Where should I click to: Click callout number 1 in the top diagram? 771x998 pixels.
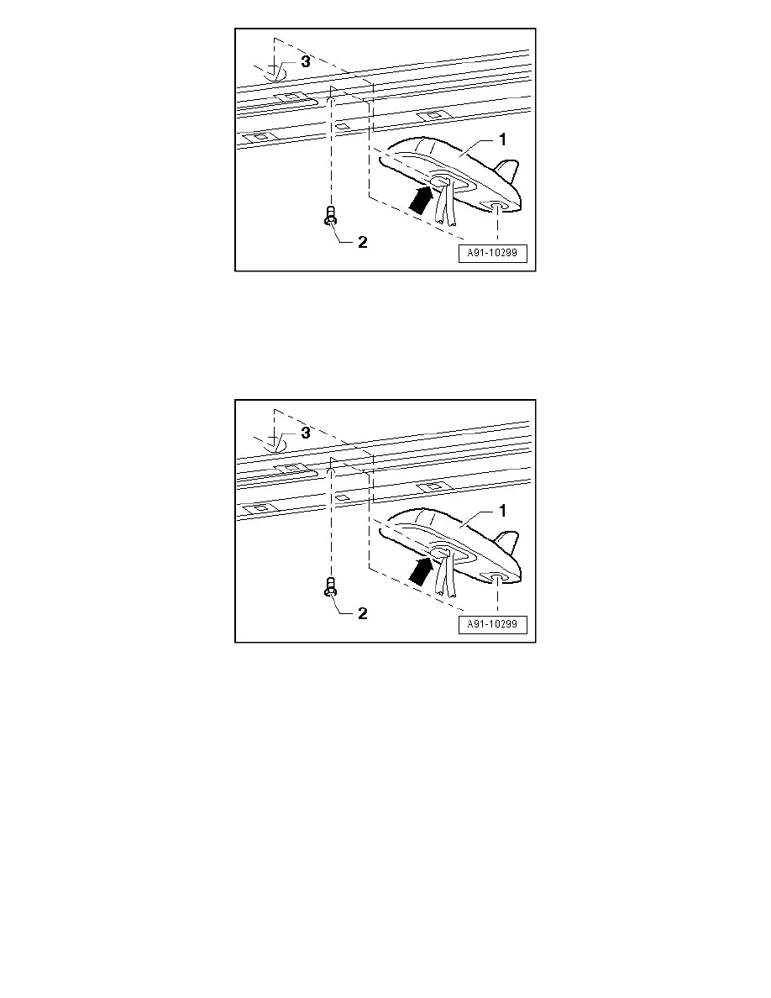502,139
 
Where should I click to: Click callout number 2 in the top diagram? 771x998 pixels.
363,243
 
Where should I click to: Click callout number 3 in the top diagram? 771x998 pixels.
306,61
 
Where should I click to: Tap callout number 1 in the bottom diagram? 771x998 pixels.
502,511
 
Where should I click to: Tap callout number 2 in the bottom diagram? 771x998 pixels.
363,613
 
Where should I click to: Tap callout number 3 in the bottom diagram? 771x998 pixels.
306,433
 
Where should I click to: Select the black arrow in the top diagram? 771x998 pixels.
421,198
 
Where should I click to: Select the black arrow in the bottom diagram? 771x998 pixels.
421,570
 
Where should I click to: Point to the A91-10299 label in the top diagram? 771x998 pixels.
492,253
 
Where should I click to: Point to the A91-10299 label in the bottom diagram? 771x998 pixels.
492,624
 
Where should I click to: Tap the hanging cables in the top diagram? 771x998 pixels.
444,203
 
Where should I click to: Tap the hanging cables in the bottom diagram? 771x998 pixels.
444,575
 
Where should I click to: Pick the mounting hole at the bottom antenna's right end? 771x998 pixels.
496,576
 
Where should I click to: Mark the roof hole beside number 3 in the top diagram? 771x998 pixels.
275,74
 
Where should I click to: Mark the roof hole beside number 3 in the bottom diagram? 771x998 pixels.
275,445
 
